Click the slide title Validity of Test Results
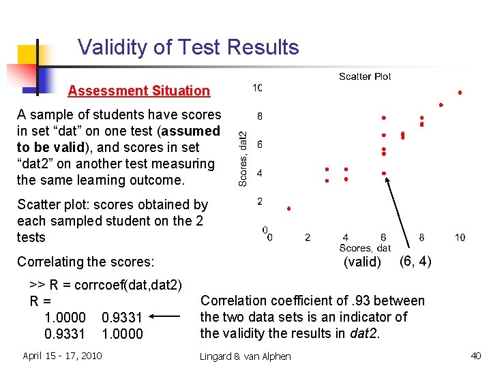[188, 47]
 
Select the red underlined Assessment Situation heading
[138, 91]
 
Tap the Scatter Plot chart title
[365, 76]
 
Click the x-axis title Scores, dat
[365, 248]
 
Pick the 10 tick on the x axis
[460, 237]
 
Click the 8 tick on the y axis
[260, 116]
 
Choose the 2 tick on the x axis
[308, 237]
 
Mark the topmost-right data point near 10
[460, 92]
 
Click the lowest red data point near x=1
[288, 209]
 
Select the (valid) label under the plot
[362, 262]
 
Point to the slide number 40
[475, 355]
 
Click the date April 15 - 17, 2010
[63, 355]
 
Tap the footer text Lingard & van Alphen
[245, 356]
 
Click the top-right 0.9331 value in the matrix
[122, 318]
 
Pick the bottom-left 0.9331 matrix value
[65, 334]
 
